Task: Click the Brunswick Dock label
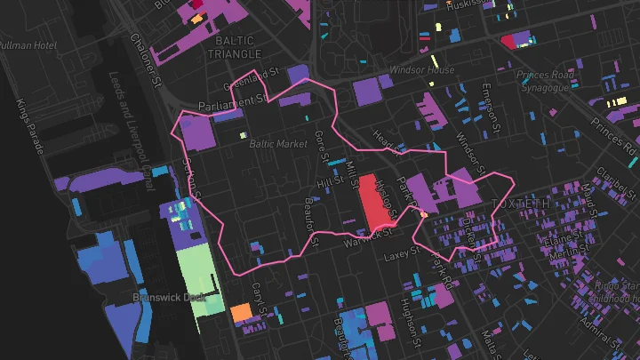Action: pos(169,297)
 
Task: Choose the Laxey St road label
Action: pos(400,254)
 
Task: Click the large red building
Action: pos(377,200)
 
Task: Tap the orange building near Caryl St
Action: pos(241,313)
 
